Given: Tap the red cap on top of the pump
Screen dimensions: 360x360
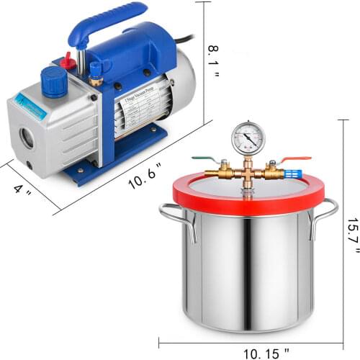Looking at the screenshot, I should [x=68, y=63].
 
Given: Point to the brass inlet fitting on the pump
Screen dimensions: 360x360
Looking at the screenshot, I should [x=94, y=71].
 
